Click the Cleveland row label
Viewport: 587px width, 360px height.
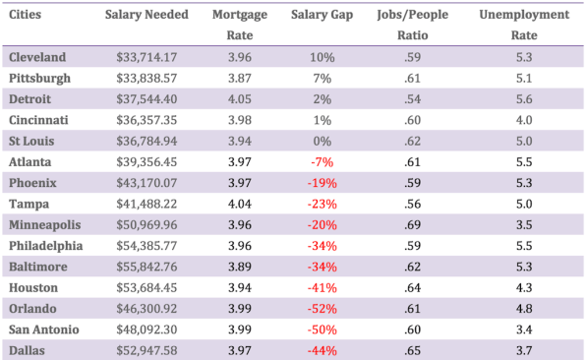37,57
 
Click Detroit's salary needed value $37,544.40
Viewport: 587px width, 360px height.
147,99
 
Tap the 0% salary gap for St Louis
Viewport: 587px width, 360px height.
322,142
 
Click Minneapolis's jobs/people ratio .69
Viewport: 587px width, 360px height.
417,225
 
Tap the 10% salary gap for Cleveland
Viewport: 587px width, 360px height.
322,57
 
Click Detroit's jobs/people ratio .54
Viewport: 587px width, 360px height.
417,99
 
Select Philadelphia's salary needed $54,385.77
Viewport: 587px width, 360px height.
147,246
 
